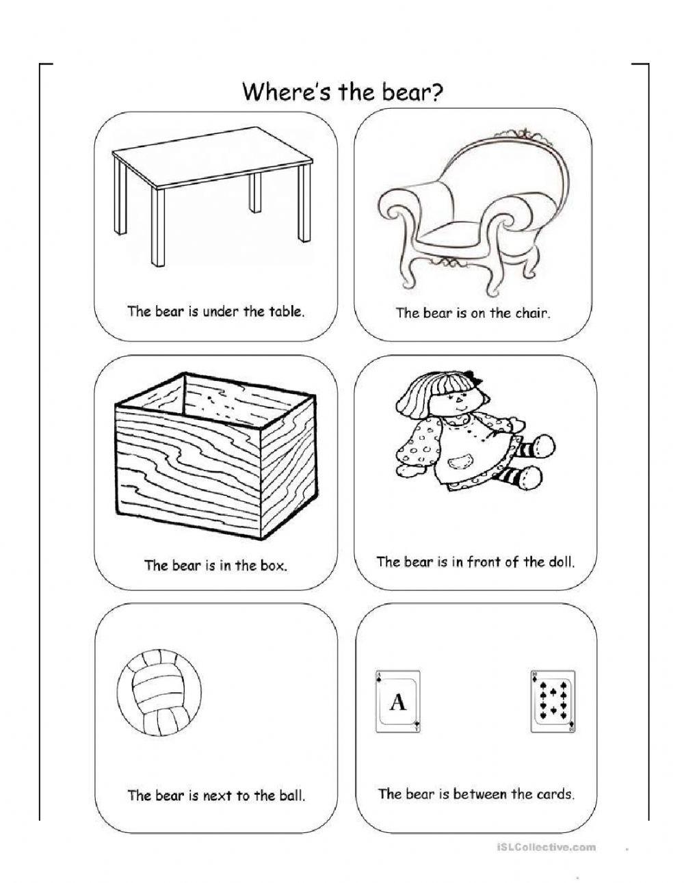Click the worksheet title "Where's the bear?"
coord(342,91)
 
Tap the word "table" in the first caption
coord(285,311)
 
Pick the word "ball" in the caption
coord(292,795)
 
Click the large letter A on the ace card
coord(397,702)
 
